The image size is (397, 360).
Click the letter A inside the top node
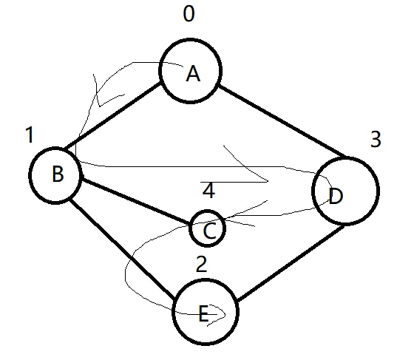click(193, 73)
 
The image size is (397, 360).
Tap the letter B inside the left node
click(58, 174)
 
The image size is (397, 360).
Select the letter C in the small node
click(210, 231)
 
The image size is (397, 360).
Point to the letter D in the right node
click(336, 196)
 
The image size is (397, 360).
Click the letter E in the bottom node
click(203, 313)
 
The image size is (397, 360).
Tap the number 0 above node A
click(189, 13)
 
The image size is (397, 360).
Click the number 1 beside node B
click(30, 135)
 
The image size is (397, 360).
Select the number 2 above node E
click(202, 264)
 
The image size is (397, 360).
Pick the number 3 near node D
click(376, 139)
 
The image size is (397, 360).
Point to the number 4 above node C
click(209, 191)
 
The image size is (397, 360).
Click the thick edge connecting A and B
click(112, 116)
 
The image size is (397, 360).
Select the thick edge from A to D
click(283, 121)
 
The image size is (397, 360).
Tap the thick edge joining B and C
click(136, 202)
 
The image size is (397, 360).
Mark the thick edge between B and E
click(122, 248)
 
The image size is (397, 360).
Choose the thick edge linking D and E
click(291, 262)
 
